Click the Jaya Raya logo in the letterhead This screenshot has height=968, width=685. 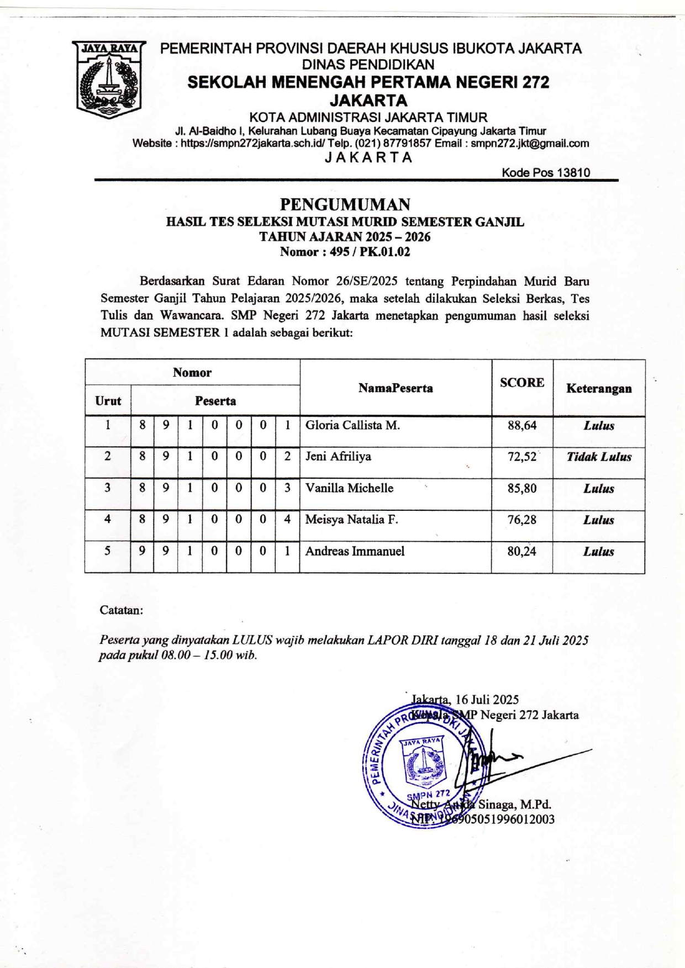coord(109,79)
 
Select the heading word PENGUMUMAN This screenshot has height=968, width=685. coord(345,205)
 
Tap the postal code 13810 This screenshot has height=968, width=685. coord(573,172)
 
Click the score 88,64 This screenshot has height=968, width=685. coord(522,426)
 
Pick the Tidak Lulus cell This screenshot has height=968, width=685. coord(599,457)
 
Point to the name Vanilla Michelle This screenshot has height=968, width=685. coord(349,488)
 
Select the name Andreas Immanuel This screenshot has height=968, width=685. coord(355,551)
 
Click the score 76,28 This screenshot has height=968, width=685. coord(522,520)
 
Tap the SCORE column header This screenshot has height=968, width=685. coord(522,383)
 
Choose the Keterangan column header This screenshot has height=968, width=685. coord(599,388)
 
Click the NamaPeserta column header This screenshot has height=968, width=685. coord(396,388)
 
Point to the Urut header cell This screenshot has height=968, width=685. coord(108,401)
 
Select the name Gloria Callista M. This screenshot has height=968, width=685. coord(352,425)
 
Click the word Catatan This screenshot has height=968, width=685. coord(121,610)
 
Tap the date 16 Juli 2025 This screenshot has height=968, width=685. coord(487,700)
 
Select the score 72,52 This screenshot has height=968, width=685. coord(522,457)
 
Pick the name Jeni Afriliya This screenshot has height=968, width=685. coord(338,457)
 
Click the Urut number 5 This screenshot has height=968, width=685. coord(108,551)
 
